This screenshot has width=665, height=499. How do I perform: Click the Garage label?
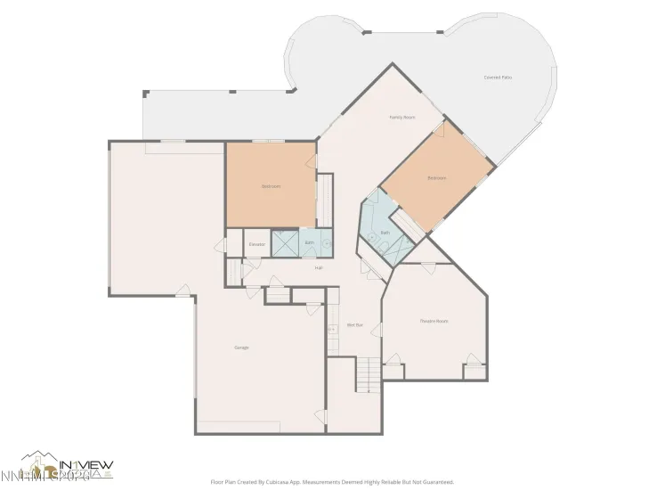coord(241,347)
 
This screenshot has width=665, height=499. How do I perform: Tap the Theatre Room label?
coord(434,321)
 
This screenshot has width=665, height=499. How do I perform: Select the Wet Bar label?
coord(353,325)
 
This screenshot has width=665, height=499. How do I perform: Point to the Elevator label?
coord(257,243)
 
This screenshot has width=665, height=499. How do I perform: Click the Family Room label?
coord(402,118)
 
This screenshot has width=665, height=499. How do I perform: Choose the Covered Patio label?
coord(498,78)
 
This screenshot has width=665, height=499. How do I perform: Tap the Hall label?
coord(318,267)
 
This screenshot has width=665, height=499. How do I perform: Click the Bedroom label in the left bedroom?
coord(271,186)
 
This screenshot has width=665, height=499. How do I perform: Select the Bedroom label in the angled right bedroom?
coord(436,177)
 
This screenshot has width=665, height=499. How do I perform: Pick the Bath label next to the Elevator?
coord(310,242)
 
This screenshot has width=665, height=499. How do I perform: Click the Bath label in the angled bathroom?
coord(385,233)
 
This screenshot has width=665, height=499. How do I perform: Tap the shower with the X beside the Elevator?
coord(284,243)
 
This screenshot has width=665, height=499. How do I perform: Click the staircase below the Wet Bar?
coord(368,374)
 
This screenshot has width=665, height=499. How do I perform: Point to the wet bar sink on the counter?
coord(333,315)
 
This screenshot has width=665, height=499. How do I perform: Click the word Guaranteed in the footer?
coord(438,482)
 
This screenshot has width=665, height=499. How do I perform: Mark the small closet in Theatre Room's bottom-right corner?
coord(475,370)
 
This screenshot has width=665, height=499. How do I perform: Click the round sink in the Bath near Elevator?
coord(326,241)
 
